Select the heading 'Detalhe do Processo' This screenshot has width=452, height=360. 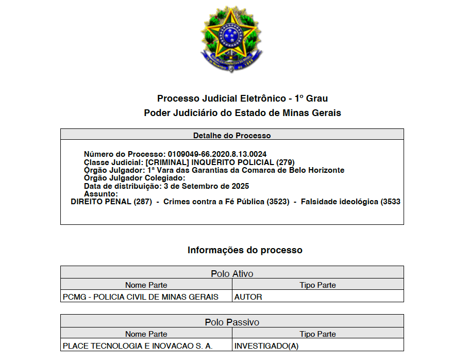point(232,136)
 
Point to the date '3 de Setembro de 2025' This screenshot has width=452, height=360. point(206,186)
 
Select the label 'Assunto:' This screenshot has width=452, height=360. point(101,194)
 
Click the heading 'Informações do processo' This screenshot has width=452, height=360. point(245,250)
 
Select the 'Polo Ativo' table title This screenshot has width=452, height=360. point(232,273)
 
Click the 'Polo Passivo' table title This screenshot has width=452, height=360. point(232,322)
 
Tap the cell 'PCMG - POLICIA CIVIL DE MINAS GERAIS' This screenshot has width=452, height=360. point(140,297)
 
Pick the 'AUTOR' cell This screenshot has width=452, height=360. point(248,297)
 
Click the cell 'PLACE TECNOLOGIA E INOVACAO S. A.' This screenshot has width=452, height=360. point(138,346)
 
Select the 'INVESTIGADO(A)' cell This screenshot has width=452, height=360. point(266,346)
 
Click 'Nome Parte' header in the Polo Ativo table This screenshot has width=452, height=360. point(146,285)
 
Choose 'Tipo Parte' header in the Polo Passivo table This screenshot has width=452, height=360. point(317,334)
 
